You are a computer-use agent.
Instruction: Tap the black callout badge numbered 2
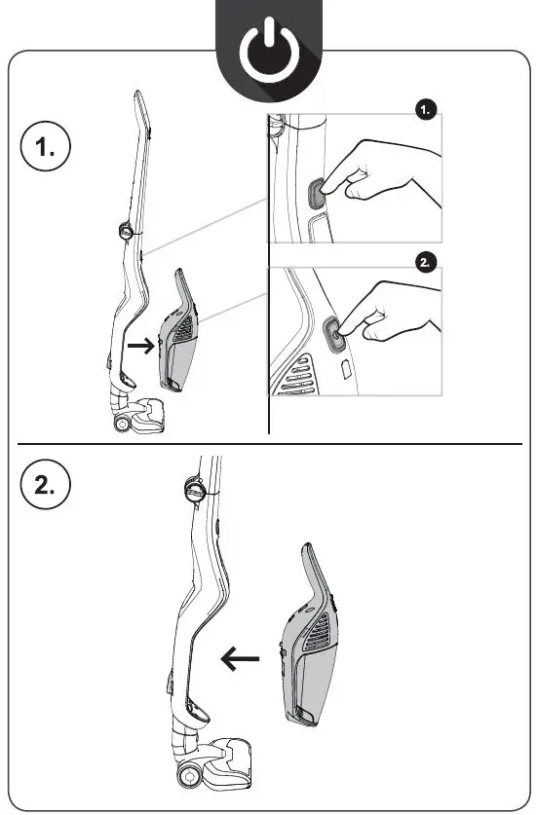pos(426,261)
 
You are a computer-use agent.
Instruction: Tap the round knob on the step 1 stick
pos(127,231)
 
